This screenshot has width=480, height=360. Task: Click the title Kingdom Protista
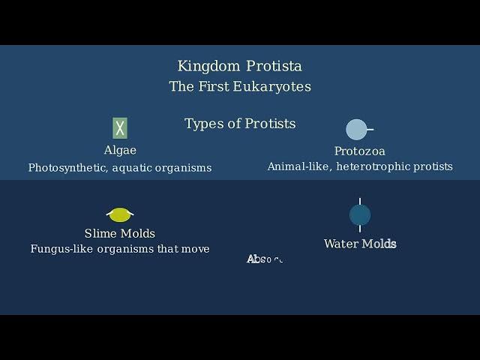point(240,66)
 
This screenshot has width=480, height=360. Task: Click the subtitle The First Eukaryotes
point(240,86)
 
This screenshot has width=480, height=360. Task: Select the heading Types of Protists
point(240,124)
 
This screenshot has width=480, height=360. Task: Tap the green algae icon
point(120,128)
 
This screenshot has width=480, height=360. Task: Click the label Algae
point(120,150)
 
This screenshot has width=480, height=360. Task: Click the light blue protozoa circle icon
point(356,130)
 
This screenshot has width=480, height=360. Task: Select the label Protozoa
point(360,151)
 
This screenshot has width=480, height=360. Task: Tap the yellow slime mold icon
point(120,215)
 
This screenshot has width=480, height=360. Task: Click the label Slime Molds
point(120,233)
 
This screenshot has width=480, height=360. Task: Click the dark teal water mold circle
point(360,215)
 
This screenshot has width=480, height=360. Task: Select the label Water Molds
point(360,244)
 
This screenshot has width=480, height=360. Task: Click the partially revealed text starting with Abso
point(265,259)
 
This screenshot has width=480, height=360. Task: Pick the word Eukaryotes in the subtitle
point(272,86)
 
